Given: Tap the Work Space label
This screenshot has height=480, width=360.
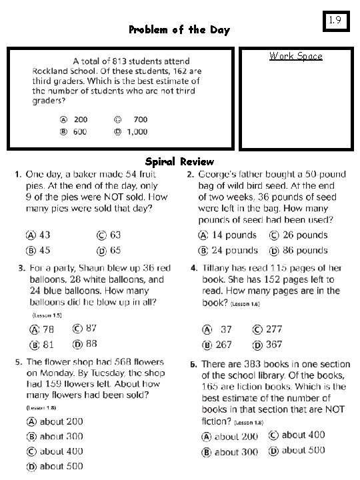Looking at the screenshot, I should click(x=295, y=56).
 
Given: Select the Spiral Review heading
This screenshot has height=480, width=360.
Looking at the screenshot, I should click(x=179, y=161).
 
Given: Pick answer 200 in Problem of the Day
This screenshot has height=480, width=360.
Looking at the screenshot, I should click(x=80, y=119).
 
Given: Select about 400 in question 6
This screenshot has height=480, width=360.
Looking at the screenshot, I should click(x=303, y=435).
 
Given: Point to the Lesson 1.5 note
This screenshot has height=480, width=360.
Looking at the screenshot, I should click(x=46, y=315).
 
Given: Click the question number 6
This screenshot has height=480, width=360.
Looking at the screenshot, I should click(x=193, y=365).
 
